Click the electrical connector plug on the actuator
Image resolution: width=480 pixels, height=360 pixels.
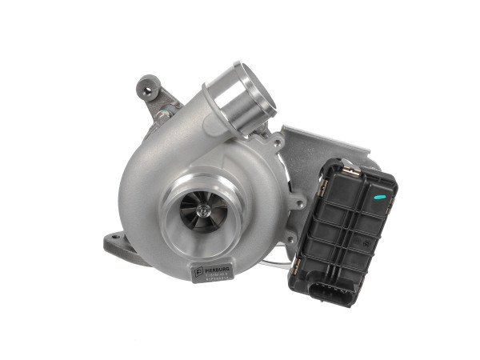click(x=330, y=290)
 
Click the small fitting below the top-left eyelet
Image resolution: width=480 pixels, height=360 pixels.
click(x=163, y=114)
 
